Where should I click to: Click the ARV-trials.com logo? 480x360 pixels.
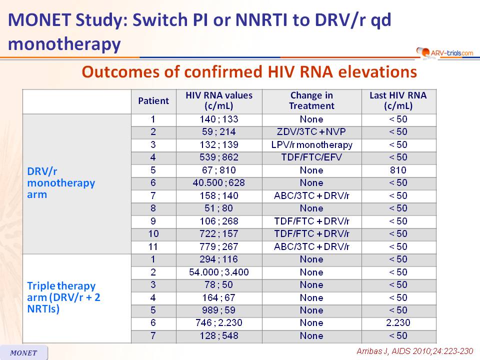(x=444, y=52)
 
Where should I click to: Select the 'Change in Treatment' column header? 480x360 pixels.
(x=311, y=100)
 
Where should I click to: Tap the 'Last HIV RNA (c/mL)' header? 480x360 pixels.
(x=398, y=100)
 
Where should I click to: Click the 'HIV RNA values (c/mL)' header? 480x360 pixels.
(x=219, y=100)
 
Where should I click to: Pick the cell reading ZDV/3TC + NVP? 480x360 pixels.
(x=311, y=132)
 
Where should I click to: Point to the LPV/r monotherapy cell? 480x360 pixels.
(x=311, y=145)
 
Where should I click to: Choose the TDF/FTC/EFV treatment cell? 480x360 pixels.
(x=311, y=157)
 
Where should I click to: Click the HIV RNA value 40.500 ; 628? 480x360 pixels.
(x=218, y=183)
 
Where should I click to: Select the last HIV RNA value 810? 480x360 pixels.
(x=398, y=170)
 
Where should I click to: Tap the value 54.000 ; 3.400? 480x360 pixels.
(x=218, y=272)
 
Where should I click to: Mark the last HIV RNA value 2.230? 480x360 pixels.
(x=398, y=322)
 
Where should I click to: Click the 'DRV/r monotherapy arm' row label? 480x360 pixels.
(x=61, y=183)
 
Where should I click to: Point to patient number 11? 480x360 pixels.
(x=153, y=246)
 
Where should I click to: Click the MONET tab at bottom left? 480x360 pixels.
(x=23, y=352)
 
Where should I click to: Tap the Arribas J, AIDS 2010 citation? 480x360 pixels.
(x=415, y=351)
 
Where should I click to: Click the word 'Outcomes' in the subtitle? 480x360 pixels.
(x=121, y=72)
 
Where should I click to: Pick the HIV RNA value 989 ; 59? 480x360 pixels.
(x=218, y=310)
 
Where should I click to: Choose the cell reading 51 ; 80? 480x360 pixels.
(x=218, y=208)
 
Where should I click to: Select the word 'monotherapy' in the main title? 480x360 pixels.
(x=64, y=44)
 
